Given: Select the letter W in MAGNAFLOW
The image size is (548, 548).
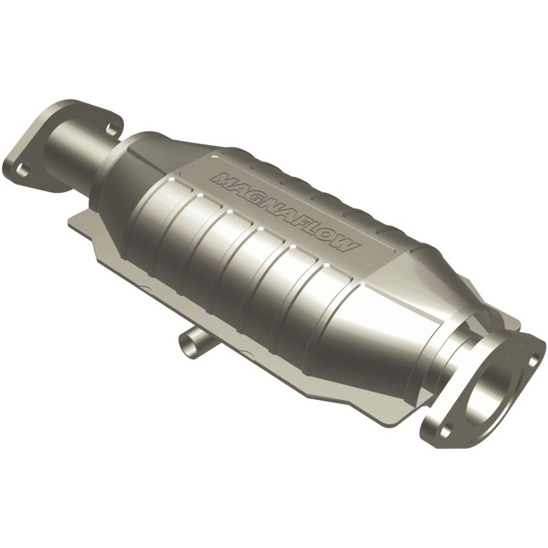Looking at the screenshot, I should (346, 246).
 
